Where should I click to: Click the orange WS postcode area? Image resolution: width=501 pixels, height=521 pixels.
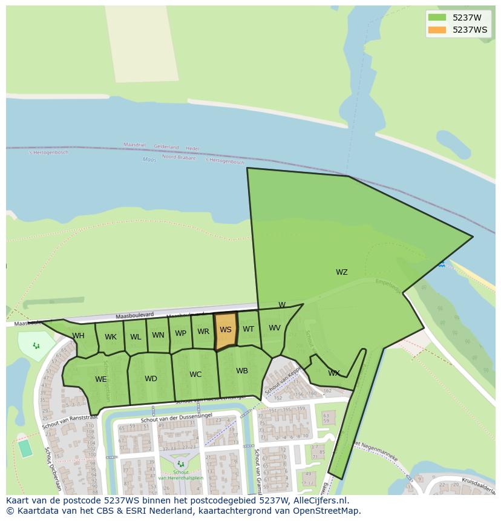pos(225,331)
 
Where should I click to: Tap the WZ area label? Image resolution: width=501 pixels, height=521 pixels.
pos(342,272)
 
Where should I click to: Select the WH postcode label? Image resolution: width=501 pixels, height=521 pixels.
pos(78,336)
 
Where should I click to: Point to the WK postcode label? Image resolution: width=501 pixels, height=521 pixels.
pos(111,337)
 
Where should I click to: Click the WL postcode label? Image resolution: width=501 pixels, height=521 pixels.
pos(136,337)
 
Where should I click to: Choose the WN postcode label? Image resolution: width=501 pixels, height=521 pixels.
pos(158,335)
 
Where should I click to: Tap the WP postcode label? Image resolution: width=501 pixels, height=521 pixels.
pos(181,333)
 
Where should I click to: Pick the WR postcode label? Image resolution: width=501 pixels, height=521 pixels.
pos(203,332)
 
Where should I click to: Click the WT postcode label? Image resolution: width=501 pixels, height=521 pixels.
pos(249,329)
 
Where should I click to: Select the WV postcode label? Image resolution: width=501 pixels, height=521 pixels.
pos(275,328)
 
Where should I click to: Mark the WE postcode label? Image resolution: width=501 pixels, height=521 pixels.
pos(101,379)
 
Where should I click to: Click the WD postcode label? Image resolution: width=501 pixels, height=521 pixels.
pos(151,379)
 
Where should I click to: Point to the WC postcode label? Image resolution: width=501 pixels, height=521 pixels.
pos(195,375)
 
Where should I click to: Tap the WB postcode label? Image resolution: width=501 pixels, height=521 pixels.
pos(242,371)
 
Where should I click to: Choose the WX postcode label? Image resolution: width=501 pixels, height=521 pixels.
pos(334,373)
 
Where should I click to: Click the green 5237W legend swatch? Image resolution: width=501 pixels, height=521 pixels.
pos(436,18)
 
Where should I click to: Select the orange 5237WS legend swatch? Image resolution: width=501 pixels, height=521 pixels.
pos(436,30)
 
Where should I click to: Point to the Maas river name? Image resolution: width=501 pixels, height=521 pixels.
pos(149,160)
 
